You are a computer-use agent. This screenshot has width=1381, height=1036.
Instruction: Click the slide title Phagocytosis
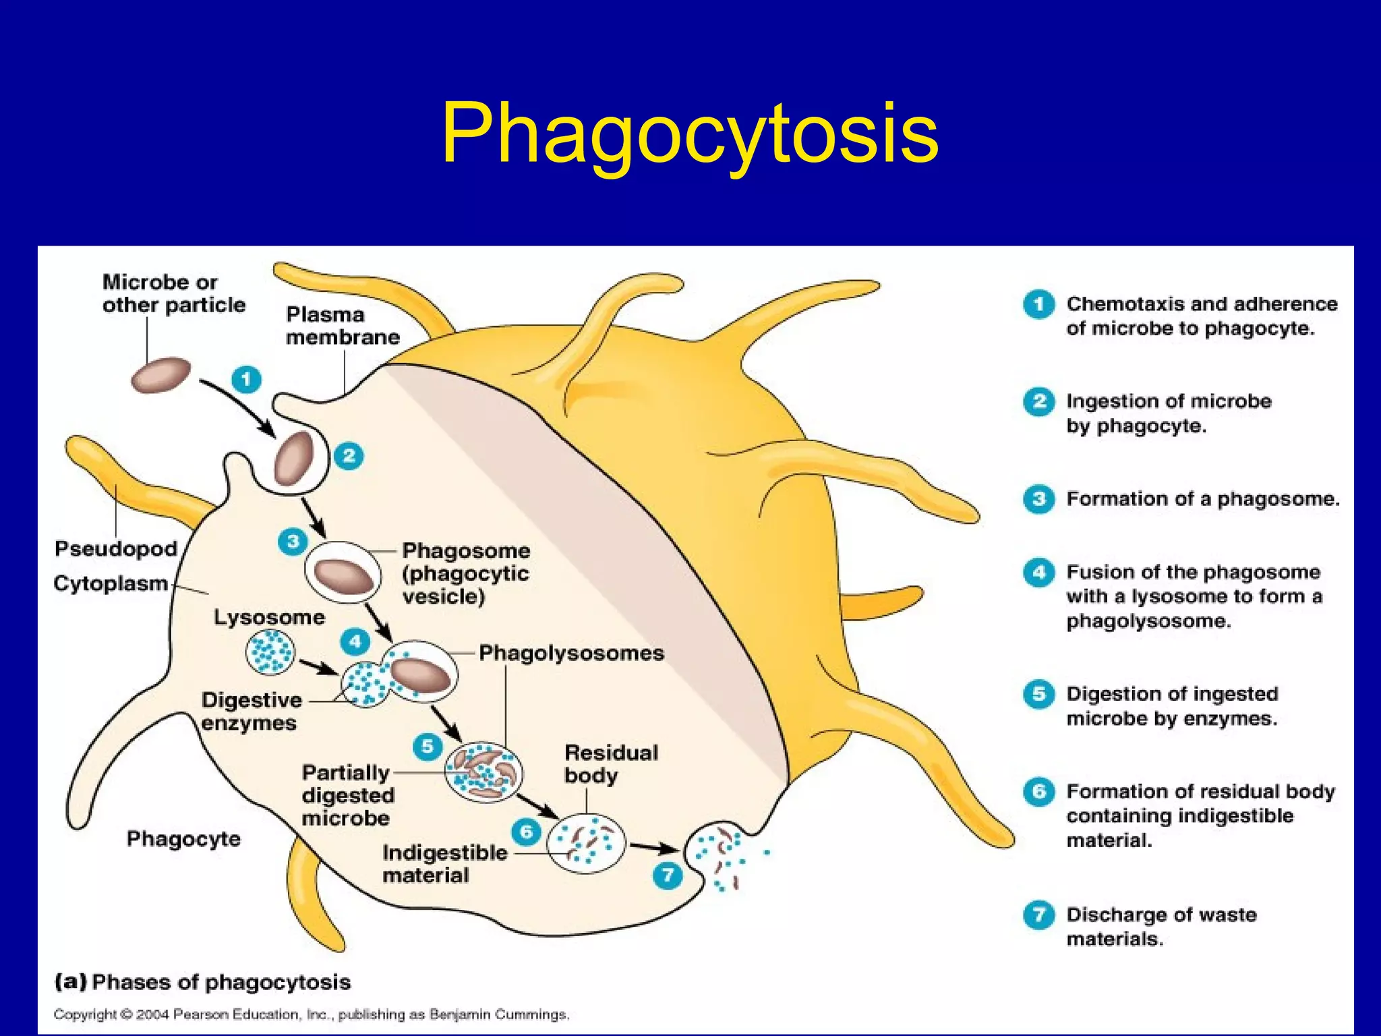point(689,133)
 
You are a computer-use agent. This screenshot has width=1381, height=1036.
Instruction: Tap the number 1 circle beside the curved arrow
point(246,379)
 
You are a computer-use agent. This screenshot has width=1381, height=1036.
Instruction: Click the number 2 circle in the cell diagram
point(349,457)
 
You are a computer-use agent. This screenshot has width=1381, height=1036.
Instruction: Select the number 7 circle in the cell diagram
point(668,875)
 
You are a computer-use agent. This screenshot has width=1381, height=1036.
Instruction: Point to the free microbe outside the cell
point(160,375)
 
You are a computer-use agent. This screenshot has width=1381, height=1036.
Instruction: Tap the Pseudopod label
point(116,549)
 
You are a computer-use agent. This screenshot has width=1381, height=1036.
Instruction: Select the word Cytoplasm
point(111,583)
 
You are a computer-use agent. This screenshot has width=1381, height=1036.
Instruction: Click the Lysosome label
point(269,617)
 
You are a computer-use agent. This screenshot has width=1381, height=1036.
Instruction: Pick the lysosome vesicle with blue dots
point(270,652)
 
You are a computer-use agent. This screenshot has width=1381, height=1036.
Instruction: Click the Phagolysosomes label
point(571,653)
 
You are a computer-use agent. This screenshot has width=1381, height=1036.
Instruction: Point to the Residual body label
point(610,764)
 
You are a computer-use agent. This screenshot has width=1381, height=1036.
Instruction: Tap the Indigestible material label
point(444,864)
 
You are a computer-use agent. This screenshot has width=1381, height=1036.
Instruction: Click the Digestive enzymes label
point(251,712)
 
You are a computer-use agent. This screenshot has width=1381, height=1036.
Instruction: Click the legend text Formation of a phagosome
point(1202,499)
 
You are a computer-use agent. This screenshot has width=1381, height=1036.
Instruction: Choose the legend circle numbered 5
point(1038,695)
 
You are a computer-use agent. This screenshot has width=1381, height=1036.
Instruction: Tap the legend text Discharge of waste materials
point(1161,927)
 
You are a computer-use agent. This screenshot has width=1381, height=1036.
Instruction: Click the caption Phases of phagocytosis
point(221,982)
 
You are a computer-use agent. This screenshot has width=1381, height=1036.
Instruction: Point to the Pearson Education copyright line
point(312,1014)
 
